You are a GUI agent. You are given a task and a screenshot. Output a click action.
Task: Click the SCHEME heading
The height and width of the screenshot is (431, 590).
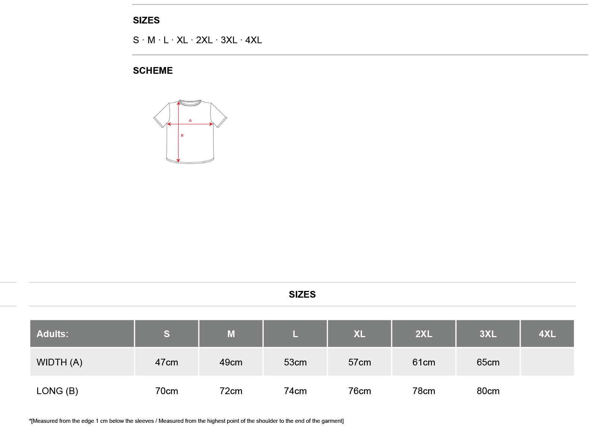pyautogui.click(x=153, y=70)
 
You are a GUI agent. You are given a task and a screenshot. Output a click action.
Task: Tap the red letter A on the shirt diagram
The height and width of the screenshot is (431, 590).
pyautogui.click(x=190, y=121)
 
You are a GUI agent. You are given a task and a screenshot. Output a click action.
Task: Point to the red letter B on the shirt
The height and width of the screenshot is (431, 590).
pyautogui.click(x=182, y=136)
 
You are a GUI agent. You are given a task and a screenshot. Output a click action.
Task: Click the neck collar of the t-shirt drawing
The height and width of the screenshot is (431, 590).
pyautogui.click(x=190, y=103)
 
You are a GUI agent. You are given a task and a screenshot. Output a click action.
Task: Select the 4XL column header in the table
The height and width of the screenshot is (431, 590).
pyautogui.click(x=547, y=334)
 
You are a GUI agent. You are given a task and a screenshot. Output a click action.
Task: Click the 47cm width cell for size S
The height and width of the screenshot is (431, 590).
pyautogui.click(x=166, y=362)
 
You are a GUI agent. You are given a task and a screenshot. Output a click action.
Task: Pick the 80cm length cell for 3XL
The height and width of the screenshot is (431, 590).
pyautogui.click(x=488, y=391)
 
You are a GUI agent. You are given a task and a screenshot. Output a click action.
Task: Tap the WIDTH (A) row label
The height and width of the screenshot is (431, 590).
pyautogui.click(x=59, y=362)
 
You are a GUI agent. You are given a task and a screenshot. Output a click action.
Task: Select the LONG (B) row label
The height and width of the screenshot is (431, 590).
pyautogui.click(x=57, y=391)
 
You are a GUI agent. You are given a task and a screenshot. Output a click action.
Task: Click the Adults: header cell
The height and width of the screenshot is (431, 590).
pyautogui.click(x=82, y=334)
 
